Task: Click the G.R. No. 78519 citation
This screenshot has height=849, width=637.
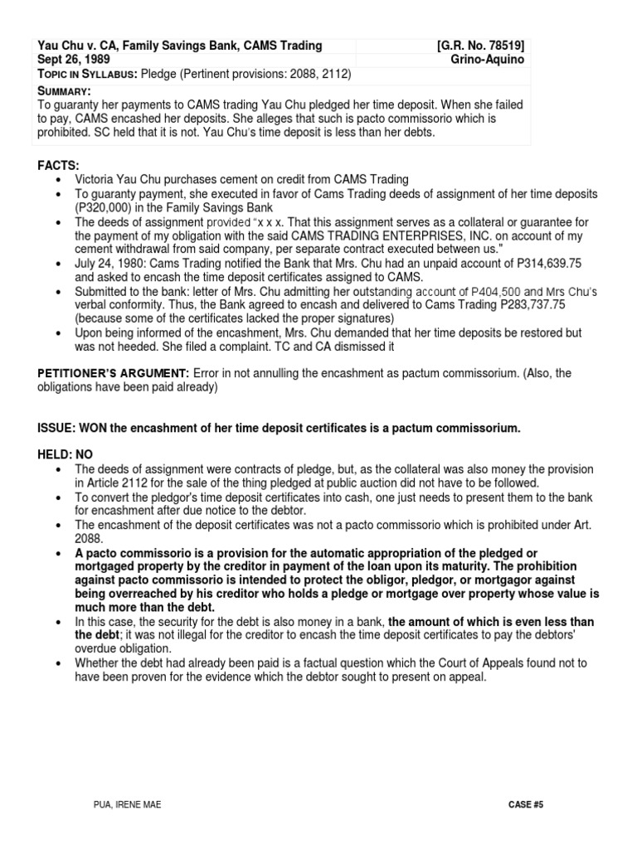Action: [x=480, y=46]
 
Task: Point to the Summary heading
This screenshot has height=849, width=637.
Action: [x=65, y=90]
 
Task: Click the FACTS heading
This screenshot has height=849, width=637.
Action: [x=56, y=166]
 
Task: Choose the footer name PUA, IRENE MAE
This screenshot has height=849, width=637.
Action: [x=126, y=805]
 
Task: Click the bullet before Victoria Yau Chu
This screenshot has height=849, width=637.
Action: [x=56, y=180]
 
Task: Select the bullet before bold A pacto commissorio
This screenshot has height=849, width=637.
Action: [x=56, y=553]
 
